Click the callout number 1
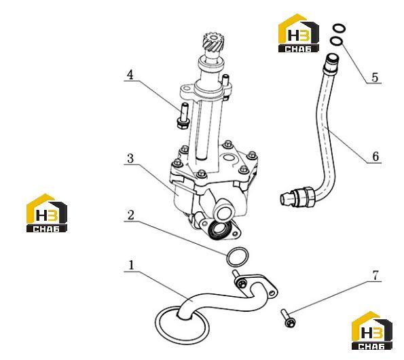132,265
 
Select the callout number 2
131,215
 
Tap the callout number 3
130,158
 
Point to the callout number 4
130,75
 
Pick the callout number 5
375,77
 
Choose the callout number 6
375,156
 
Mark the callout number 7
375,276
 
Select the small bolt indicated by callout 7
287,319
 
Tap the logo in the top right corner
299,33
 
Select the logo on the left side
47,213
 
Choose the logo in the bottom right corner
372,331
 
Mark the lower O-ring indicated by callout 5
336,41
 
